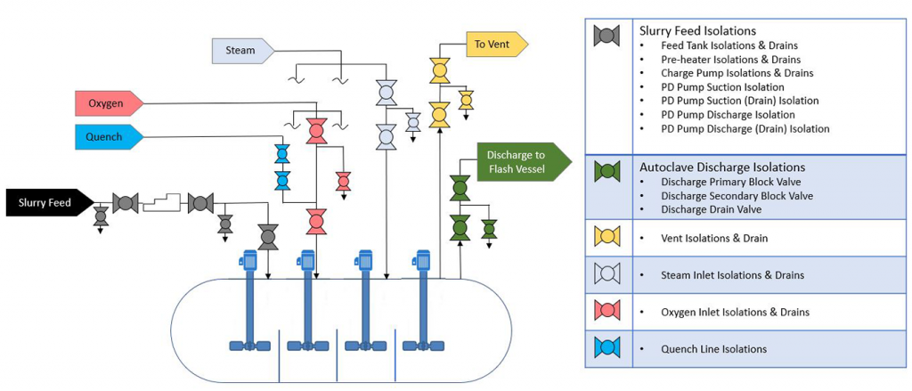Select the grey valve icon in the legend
click(x=607, y=36)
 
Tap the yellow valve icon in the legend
click(x=607, y=237)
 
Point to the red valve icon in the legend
click(x=607, y=311)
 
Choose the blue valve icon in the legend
click(x=607, y=347)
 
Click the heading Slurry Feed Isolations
click(x=697, y=29)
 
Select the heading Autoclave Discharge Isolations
click(x=722, y=167)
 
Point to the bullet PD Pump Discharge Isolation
click(x=728, y=115)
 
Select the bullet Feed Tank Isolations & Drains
click(x=729, y=45)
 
